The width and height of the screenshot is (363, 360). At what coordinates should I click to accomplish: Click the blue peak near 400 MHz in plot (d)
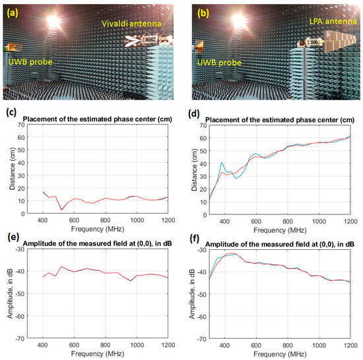click(x=222, y=162)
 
